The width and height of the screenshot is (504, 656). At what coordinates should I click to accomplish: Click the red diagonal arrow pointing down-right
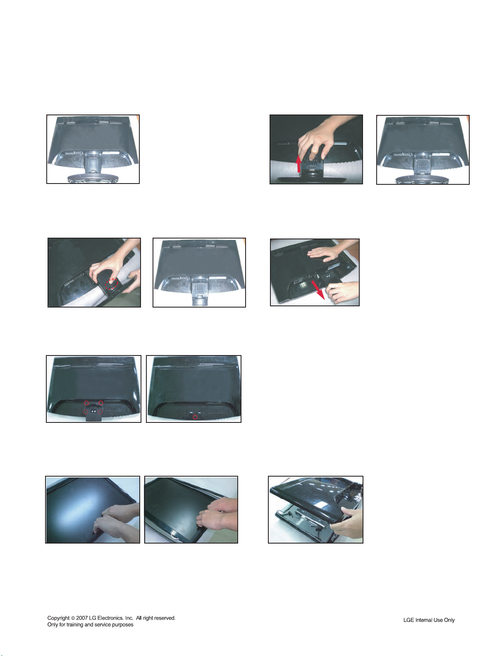(x=318, y=290)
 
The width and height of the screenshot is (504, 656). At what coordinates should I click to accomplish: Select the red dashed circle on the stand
(x=111, y=284)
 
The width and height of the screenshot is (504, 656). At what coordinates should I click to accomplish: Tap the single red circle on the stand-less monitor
(x=195, y=417)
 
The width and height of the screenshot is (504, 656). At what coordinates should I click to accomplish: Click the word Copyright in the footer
(x=59, y=618)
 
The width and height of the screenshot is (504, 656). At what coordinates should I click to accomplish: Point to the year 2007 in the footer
(x=82, y=618)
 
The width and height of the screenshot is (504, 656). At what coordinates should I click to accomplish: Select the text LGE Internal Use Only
(x=429, y=620)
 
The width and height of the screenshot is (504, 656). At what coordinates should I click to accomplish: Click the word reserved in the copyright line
(x=165, y=618)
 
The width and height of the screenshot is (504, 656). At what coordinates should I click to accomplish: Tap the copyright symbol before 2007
(x=73, y=618)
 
